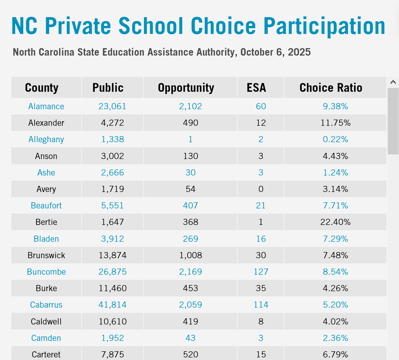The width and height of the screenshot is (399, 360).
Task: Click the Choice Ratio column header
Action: [331, 88]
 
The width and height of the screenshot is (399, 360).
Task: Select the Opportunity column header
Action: [186, 88]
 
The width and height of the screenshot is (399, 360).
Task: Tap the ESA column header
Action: [256, 88]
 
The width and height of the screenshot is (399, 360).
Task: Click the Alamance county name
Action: [46, 106]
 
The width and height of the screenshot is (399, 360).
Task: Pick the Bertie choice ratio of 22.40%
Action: [335, 222]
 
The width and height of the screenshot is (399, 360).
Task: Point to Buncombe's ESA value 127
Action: [261, 272]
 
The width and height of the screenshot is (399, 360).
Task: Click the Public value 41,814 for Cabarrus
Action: [113, 305]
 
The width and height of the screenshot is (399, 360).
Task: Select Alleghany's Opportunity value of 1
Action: [190, 139]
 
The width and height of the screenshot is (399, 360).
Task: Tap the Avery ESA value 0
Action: [261, 189]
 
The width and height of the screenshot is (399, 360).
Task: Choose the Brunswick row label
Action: [46, 255]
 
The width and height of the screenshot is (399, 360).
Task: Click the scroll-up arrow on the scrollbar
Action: [393, 82]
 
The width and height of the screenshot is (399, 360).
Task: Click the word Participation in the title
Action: [324, 26]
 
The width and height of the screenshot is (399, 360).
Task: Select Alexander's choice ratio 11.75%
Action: [335, 123]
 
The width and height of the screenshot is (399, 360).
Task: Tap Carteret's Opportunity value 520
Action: [190, 355]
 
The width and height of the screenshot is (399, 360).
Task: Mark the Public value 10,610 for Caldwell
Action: [113, 322]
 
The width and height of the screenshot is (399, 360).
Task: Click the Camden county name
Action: [46, 338]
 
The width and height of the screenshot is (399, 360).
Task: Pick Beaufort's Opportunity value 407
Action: [190, 206]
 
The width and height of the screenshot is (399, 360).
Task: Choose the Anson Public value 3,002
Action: [113, 156]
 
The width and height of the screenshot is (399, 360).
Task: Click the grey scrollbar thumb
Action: [393, 121]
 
